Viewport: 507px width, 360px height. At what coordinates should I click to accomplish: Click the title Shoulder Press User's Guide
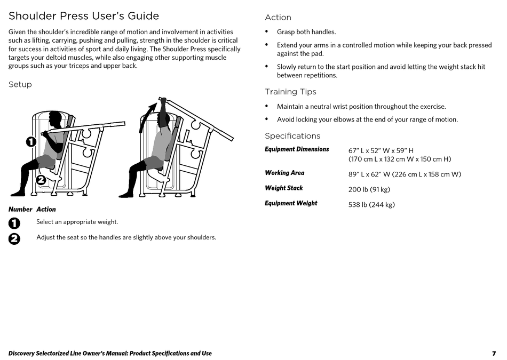click(x=84, y=16)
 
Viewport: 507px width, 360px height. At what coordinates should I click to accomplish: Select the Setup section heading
click(x=20, y=84)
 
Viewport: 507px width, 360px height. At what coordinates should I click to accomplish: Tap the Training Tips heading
click(x=290, y=92)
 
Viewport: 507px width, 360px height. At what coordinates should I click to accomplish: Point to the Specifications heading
click(x=292, y=136)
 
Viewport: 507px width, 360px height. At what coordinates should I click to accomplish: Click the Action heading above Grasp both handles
click(x=278, y=18)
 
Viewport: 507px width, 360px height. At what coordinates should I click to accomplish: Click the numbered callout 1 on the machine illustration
click(x=30, y=141)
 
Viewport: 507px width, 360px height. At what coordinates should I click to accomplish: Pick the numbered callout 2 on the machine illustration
click(x=41, y=180)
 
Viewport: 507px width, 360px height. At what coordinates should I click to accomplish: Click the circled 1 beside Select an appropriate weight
click(x=14, y=222)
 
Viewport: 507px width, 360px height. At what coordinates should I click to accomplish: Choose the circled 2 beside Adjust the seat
click(x=14, y=238)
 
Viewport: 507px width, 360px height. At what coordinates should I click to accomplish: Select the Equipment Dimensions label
click(x=297, y=149)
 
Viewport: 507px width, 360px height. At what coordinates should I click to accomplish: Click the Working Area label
click(x=284, y=173)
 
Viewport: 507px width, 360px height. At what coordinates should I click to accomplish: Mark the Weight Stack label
click(x=283, y=188)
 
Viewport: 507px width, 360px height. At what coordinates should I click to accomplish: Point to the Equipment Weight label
click(x=291, y=203)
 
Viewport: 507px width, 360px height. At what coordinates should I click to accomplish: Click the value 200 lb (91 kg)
click(x=369, y=189)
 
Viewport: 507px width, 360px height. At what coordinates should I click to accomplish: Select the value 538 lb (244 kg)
click(x=371, y=204)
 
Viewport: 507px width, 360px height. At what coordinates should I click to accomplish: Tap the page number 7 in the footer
click(x=494, y=354)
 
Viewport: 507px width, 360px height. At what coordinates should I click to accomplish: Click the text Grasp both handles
click(x=306, y=32)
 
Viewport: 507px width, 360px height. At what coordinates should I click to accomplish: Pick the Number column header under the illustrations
click(x=20, y=210)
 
